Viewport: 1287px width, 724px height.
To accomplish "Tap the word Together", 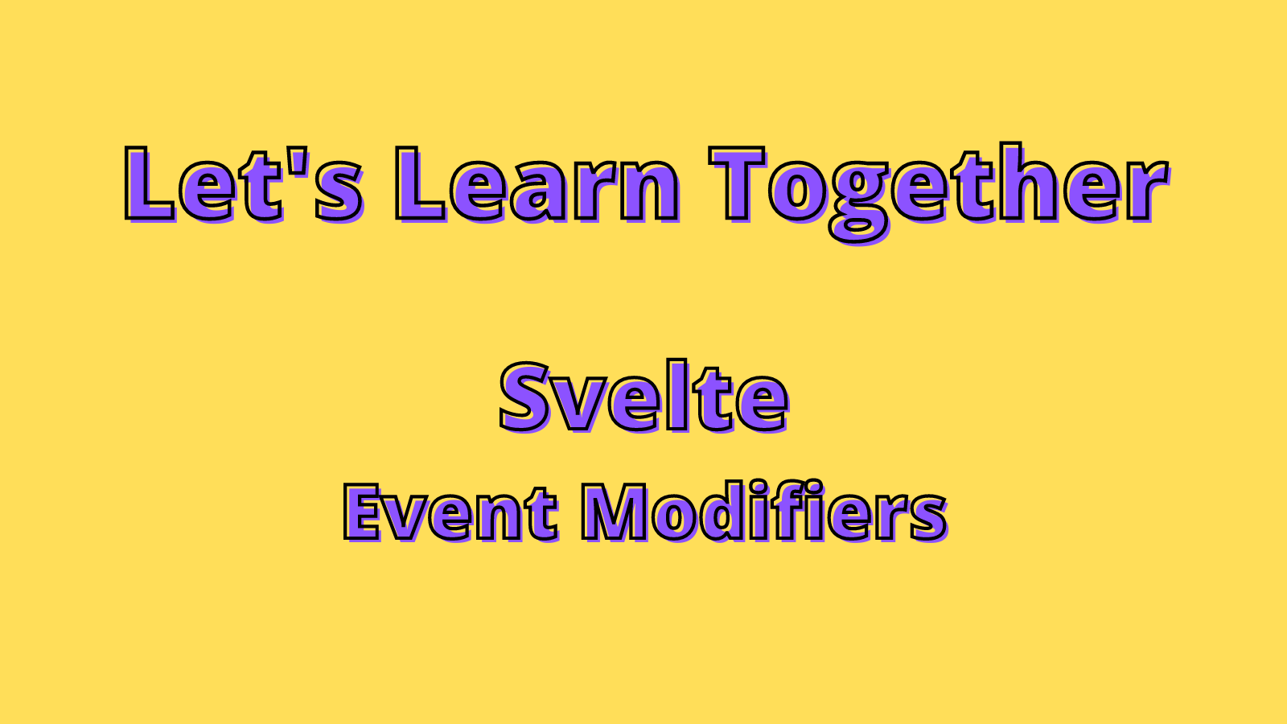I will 938,187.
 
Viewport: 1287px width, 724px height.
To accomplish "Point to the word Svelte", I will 643,397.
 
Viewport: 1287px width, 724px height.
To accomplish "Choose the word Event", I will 450,512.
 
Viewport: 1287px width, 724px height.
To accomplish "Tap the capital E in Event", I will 363,512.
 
